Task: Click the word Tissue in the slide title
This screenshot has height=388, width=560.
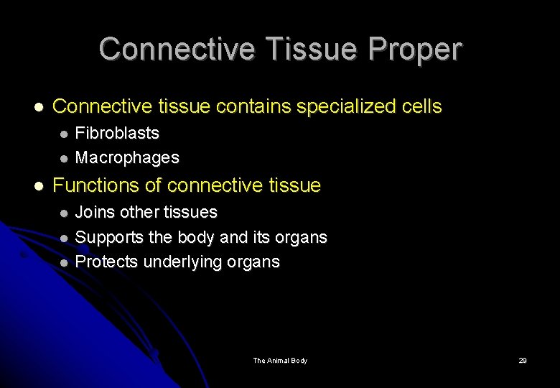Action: click(x=309, y=50)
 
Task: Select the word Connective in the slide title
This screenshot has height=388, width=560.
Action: click(x=177, y=50)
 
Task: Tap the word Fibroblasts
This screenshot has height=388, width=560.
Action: click(x=117, y=133)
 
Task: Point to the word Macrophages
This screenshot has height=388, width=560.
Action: click(x=127, y=157)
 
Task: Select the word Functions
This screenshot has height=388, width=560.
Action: click(x=96, y=185)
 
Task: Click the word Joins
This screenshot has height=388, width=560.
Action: click(x=95, y=212)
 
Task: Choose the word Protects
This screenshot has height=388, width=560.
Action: click(x=106, y=262)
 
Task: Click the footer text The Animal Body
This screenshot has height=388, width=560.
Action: click(x=280, y=360)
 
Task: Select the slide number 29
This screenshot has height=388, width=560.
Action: click(x=523, y=360)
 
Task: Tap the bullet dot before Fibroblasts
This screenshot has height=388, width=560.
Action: click(x=64, y=134)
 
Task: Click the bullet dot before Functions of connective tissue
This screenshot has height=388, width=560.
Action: click(x=39, y=186)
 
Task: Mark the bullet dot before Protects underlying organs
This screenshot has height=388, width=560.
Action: click(x=64, y=262)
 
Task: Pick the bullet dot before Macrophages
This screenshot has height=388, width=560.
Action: click(x=64, y=158)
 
